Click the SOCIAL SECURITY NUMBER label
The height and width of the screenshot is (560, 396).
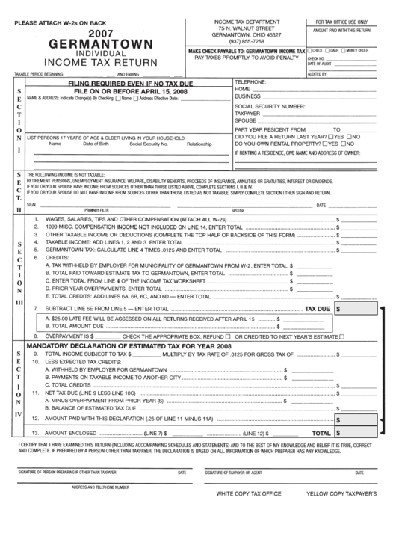click(x=270, y=107)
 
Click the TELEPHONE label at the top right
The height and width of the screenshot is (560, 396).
click(x=251, y=81)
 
